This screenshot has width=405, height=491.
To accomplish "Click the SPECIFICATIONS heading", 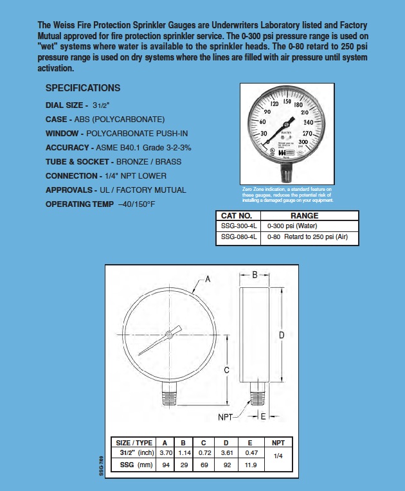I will tap(83, 88).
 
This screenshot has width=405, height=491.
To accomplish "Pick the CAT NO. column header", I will tap(240, 216).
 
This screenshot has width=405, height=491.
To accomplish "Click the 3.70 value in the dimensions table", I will tap(165, 453).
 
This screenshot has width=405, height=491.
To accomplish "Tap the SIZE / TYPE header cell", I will tap(133, 443).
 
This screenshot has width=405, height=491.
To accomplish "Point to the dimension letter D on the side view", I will tap(281, 335).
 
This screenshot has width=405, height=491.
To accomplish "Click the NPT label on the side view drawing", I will tap(225, 416).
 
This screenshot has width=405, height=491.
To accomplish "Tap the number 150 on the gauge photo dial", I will tap(287, 102).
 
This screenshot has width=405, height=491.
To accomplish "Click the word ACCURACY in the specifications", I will tap(67, 147).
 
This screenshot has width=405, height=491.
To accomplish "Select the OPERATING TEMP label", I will tap(76, 204).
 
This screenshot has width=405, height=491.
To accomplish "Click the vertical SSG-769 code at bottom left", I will tap(102, 465).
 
